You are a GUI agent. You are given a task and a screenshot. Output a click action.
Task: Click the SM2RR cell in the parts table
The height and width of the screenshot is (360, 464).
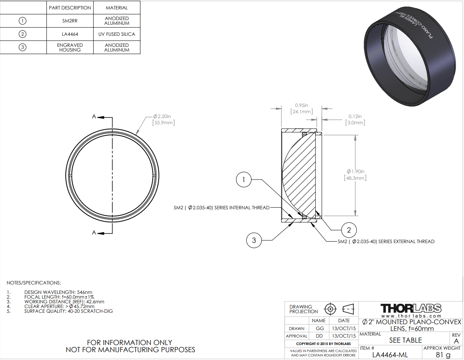[70, 21]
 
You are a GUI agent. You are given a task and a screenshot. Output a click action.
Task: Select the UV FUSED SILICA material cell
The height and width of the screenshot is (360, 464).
[116, 34]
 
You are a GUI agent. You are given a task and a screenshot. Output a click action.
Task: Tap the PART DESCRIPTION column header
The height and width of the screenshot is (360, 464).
[70, 8]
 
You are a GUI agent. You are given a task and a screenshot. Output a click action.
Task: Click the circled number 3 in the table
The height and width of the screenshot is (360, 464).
[22, 47]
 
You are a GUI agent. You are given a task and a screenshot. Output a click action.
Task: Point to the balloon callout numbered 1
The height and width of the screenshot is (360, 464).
[244, 179]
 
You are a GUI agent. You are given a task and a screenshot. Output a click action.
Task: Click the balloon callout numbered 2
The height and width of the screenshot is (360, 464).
[349, 230]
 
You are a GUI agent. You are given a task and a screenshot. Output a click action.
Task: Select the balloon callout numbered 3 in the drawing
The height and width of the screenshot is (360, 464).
[254, 240]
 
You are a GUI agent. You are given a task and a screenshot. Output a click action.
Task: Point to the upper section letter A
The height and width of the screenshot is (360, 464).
[94, 116]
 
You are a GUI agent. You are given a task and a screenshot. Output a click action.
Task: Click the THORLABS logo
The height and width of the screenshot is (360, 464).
[411, 308]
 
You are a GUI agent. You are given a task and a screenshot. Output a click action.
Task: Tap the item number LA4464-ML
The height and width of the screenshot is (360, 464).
[390, 354]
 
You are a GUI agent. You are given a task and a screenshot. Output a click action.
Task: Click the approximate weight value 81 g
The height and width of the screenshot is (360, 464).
[443, 354]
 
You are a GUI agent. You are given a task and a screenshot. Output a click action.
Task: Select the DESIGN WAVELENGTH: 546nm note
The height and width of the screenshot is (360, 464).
[58, 292]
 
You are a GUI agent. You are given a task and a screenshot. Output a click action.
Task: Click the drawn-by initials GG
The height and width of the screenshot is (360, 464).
[320, 329]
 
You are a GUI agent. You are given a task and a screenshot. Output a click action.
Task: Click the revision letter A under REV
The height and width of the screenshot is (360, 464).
[456, 341]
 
